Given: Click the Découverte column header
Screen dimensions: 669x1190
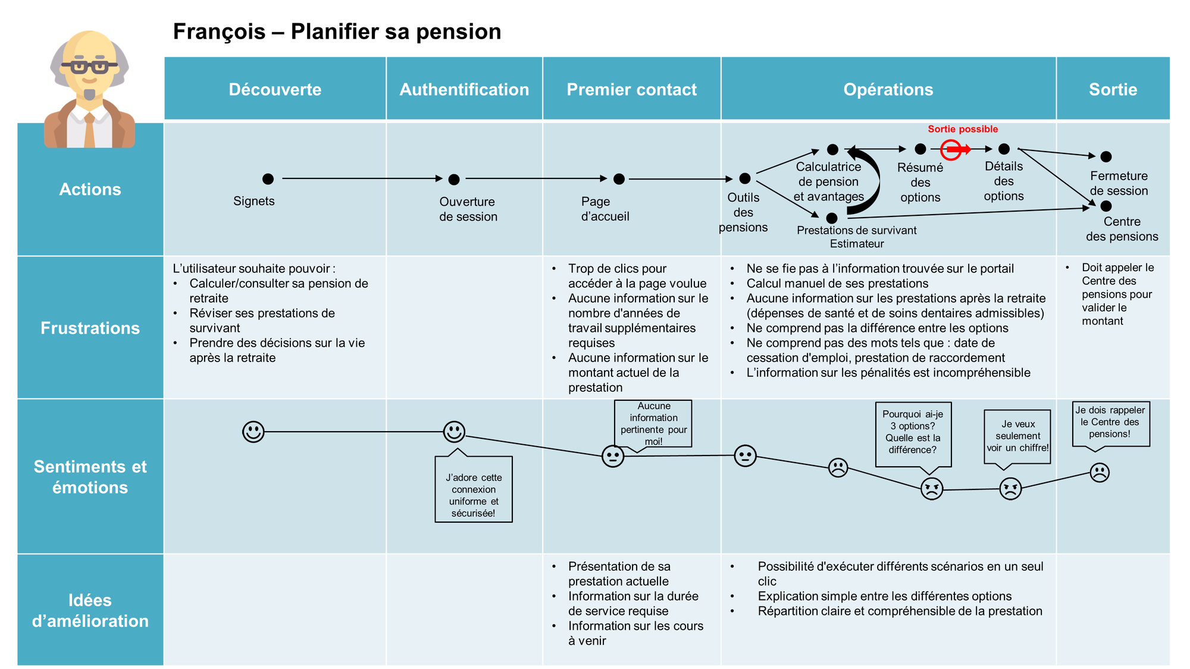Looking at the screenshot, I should pos(275,89).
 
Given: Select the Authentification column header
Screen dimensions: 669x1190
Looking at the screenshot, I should pos(464,89).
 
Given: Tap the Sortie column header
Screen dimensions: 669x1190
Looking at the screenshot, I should pos(1113,89).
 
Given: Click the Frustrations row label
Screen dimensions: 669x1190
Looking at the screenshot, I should pos(90,328).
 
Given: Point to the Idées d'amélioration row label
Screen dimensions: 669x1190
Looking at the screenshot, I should pos(90,610).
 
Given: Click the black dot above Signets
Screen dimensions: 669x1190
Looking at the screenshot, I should pos(268,178).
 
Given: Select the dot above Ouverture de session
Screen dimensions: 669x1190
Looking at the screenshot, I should pos(454,179).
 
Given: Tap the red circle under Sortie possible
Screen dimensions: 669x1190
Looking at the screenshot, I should pos(951,149).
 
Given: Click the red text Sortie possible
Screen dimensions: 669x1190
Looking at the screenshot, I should pos(963,129).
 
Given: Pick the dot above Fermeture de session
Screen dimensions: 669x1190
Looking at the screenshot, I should pos(1106,156).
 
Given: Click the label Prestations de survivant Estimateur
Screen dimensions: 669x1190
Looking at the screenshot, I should pos(856,237).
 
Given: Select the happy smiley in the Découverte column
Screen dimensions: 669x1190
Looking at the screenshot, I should pos(253,432).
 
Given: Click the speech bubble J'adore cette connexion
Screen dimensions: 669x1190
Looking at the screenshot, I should pos(474,489).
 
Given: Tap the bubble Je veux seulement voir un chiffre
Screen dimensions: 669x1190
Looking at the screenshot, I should pos(1017,436).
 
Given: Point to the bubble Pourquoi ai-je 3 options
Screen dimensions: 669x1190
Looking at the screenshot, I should pos(913,432).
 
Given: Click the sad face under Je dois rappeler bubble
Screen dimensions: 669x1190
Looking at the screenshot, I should pos(1100,473).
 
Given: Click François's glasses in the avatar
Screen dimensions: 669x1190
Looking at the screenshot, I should pos(89,67).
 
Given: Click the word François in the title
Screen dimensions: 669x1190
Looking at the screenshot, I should pos(219,32).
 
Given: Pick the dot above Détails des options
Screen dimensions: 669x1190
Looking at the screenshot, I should pos(1004,149).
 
